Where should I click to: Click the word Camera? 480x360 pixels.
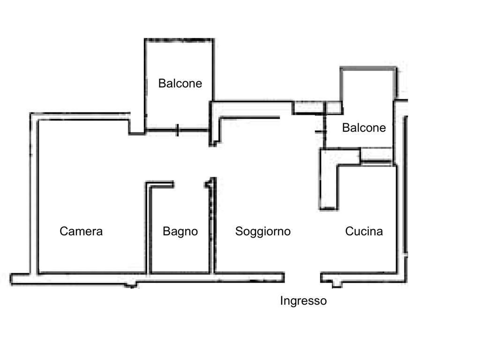[81, 231]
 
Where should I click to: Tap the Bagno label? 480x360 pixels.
[180, 231]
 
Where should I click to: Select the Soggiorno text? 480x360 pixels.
[262, 231]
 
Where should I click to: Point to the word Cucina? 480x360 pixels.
[364, 231]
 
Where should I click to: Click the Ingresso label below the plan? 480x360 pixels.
[303, 301]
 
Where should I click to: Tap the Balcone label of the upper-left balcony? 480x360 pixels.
[180, 83]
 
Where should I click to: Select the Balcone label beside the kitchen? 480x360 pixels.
[364, 127]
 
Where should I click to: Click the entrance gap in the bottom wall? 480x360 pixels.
[302, 277]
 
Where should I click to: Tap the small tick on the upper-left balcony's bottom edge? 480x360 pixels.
[177, 130]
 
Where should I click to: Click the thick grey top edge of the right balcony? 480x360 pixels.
[368, 69]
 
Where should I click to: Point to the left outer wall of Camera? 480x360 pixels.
[33, 192]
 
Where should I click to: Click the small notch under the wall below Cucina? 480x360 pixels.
[336, 284]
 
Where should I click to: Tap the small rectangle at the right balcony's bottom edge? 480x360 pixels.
[376, 155]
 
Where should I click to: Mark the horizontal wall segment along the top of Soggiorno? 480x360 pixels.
[251, 117]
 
